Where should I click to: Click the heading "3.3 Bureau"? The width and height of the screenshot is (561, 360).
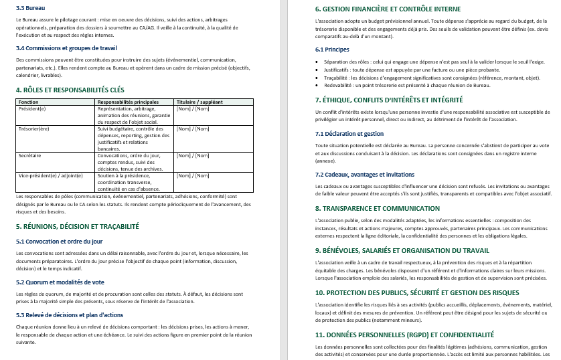tap(31, 7)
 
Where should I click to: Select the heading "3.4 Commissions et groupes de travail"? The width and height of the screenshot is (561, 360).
tap(66, 48)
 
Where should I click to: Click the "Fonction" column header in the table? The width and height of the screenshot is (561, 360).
tap(29, 102)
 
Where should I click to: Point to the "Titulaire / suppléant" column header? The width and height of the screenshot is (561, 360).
tap(199, 102)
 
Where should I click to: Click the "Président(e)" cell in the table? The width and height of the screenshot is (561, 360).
tap(33, 108)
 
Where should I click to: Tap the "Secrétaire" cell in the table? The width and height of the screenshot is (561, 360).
tap(31, 155)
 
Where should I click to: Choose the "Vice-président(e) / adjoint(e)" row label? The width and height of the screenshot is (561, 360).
tap(51, 175)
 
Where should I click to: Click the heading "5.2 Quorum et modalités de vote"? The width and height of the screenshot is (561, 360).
tap(60, 282)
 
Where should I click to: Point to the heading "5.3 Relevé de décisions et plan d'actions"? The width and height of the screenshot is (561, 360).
tap(70, 314)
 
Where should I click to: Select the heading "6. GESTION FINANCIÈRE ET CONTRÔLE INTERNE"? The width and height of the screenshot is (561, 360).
tap(388, 9)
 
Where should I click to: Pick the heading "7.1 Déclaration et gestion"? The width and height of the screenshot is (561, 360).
tap(349, 134)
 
